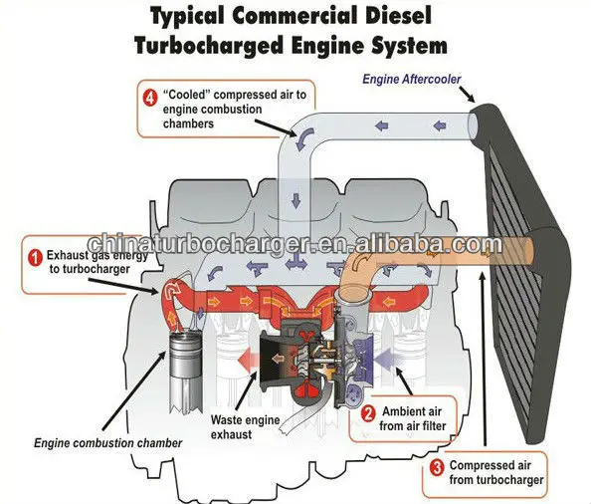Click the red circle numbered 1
36,259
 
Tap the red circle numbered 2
368,414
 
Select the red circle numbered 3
437,468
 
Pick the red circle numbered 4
150,98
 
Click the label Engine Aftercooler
412,79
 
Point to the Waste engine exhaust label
245,427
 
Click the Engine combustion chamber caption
107,442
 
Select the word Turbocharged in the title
209,46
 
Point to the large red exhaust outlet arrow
248,359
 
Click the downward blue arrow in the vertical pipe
295,201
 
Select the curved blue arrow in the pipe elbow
304,138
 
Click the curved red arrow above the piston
174,292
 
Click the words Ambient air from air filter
413,418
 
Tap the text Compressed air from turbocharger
496,472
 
